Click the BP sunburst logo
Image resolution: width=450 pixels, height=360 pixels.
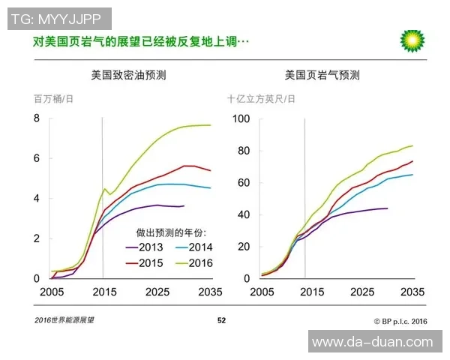tap(412, 40)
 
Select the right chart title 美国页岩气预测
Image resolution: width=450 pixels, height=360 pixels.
tap(322, 76)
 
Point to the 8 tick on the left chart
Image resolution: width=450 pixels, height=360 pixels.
tap(36, 118)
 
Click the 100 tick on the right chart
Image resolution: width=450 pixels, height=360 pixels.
tap(240, 118)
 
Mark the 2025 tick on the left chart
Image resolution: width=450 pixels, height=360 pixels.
tap(156, 292)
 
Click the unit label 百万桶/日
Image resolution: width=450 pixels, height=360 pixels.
tap(54, 99)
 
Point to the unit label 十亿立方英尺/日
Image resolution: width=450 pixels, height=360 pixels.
tap(261, 99)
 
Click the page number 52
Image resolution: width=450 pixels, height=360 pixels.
tap(221, 320)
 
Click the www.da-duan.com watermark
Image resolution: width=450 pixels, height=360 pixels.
tap(372, 342)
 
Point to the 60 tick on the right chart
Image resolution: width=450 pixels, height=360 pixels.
tap(243, 182)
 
